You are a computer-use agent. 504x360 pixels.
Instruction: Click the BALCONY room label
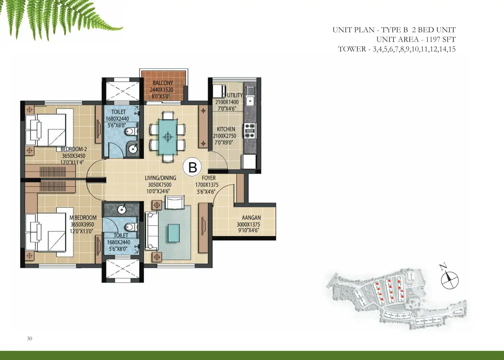[x=163, y=83]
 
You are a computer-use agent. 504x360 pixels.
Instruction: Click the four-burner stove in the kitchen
[x=250, y=131]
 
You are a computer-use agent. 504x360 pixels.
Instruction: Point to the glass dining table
[x=168, y=137]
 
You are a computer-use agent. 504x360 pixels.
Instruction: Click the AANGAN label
[x=251, y=218]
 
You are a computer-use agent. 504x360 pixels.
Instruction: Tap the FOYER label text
[x=209, y=178]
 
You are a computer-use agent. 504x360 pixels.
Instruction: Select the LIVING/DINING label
[x=160, y=178]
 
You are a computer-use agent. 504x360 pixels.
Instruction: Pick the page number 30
[x=29, y=338]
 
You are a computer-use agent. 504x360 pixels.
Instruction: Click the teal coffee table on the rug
[x=173, y=233]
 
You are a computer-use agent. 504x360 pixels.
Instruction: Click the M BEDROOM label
[x=83, y=218]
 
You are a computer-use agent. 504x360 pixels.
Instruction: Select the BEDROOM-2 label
[x=74, y=149]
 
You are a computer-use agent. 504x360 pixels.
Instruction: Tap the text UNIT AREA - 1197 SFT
[x=416, y=39]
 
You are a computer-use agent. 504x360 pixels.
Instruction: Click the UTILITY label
[x=235, y=95]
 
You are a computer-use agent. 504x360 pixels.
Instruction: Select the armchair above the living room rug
[x=175, y=202]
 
